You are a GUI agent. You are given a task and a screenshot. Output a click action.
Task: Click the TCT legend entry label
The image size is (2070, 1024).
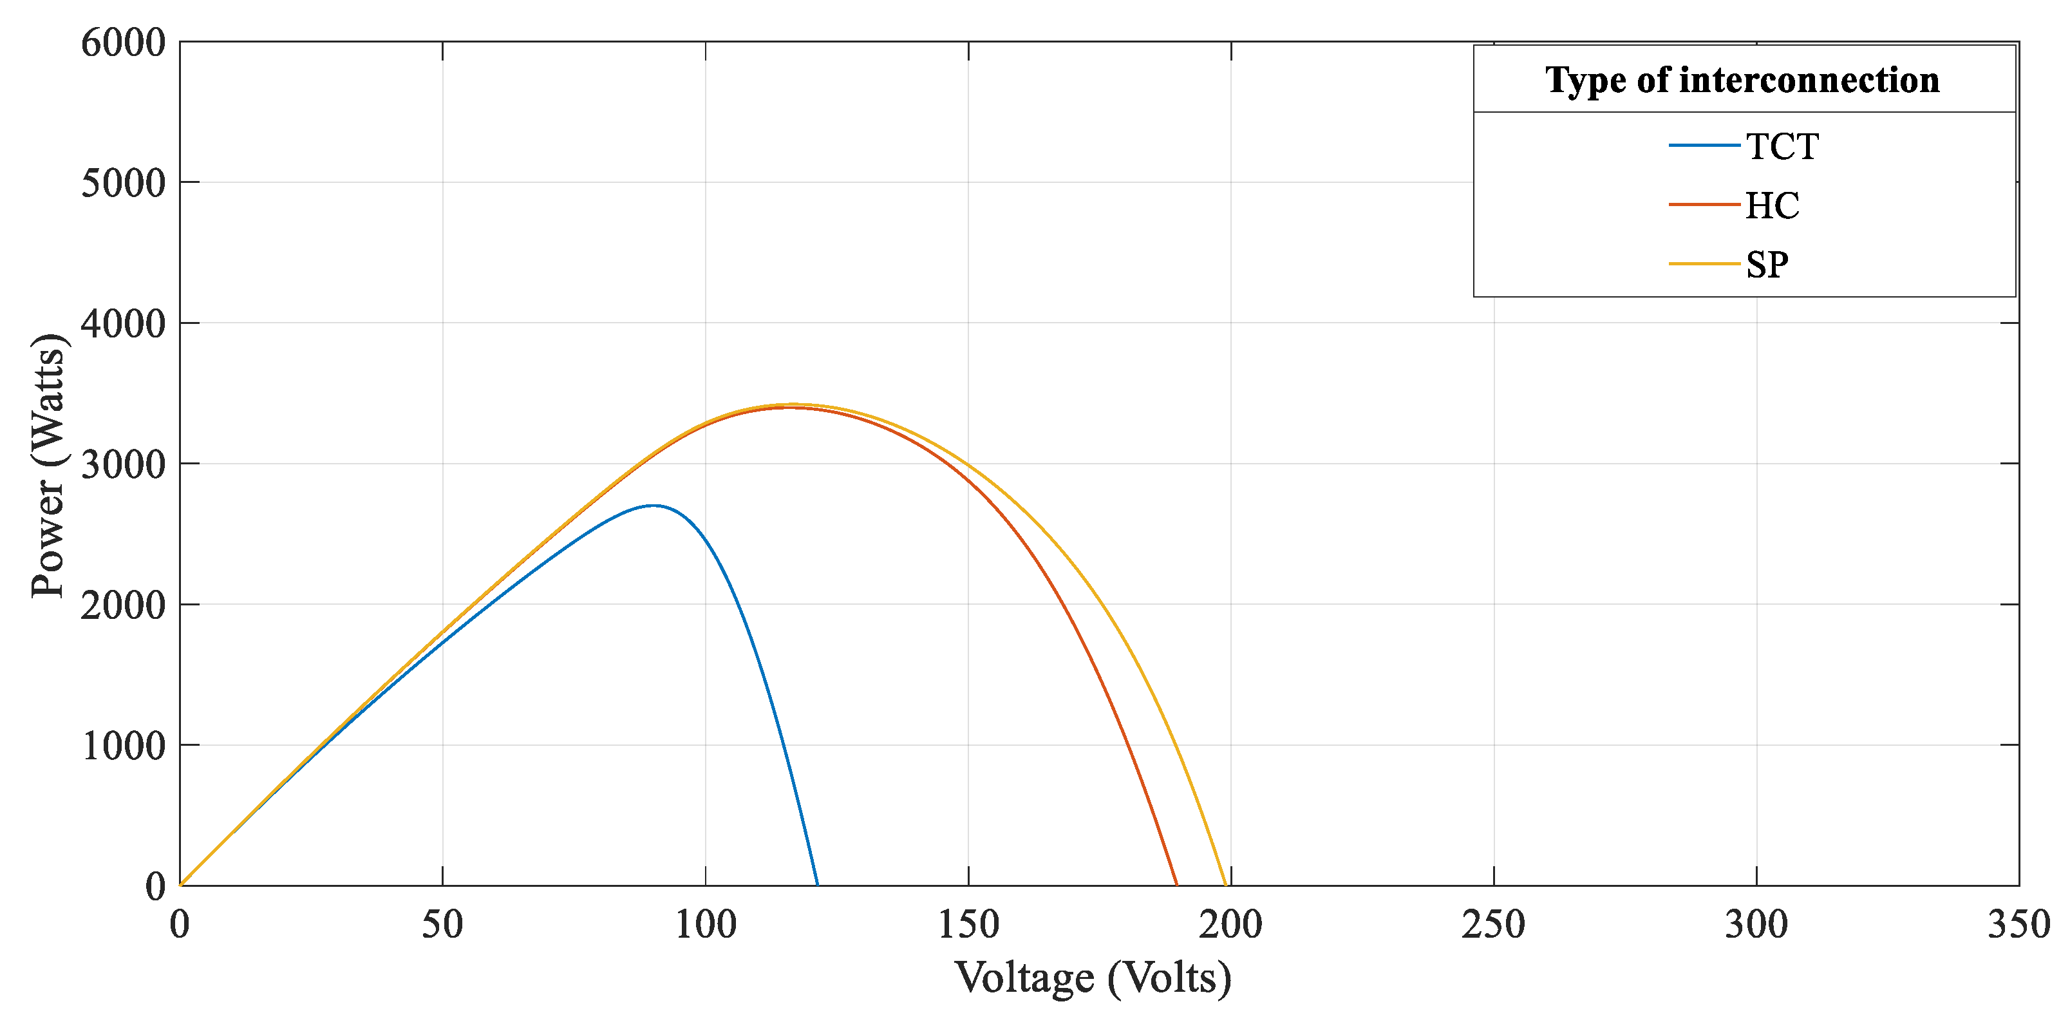1782,146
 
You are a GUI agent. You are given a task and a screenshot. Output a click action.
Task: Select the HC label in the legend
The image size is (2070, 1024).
1772,205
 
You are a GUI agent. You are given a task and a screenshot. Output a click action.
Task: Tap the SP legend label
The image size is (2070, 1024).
1767,265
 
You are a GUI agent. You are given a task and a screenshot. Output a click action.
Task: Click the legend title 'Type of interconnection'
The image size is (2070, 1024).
1742,81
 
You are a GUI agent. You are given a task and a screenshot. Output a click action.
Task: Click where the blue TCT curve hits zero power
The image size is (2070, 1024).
817,885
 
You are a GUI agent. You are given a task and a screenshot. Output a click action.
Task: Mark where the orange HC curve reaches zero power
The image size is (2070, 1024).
1176,885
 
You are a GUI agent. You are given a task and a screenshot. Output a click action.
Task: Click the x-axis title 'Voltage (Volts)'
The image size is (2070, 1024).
1092,978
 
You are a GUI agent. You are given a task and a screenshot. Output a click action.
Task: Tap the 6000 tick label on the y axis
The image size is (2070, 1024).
123,43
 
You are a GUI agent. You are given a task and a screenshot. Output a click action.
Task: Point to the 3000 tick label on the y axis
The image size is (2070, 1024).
123,464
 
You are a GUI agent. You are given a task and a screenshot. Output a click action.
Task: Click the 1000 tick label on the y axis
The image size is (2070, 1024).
123,746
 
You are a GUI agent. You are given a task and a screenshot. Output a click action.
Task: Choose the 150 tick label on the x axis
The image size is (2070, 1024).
968,924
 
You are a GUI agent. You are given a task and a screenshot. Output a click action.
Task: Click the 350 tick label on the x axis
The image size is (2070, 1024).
2018,924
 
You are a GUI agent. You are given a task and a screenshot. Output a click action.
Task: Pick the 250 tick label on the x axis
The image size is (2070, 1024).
1493,924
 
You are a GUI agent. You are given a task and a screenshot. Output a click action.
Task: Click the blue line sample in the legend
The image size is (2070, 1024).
1704,146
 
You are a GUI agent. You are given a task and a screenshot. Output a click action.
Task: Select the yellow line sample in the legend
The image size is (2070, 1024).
1704,263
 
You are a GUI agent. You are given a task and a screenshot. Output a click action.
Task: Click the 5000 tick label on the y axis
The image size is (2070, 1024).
123,184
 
